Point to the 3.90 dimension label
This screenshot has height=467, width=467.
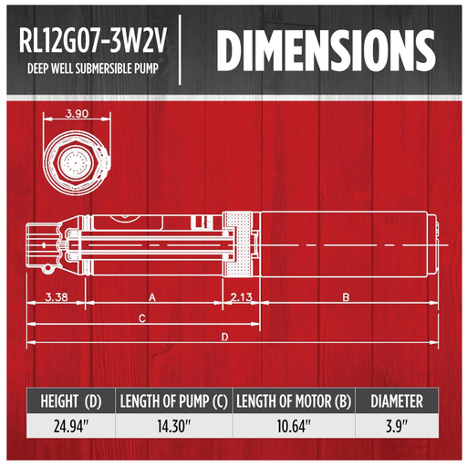77,114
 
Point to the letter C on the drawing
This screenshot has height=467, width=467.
141,319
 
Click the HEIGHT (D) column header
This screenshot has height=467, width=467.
77,400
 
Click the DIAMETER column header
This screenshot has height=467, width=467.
396,400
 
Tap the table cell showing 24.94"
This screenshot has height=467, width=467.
77,424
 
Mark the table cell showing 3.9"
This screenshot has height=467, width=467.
396,424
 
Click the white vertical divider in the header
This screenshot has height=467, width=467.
181,53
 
